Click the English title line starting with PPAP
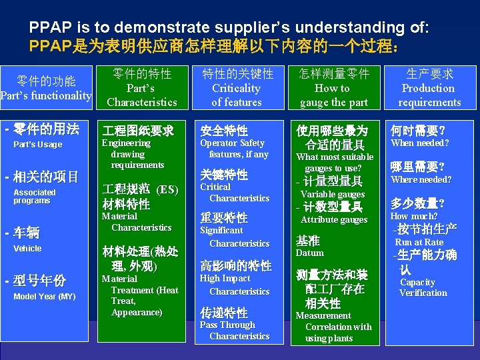pos(229,28)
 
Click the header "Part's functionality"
pos(47,96)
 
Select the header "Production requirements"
pos(429,95)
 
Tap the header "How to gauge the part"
pos(333,95)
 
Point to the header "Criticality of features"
pos(237,95)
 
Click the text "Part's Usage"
pos(38,145)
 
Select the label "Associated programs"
pos(35,196)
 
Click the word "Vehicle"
pos(27,249)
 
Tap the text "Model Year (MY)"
pos(45,297)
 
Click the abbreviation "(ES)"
pos(167,189)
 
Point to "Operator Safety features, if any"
pos(234,149)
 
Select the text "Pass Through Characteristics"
pos(234,331)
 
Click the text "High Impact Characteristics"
pos(234,285)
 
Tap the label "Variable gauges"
pos(333,195)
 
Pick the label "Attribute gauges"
pos(334,220)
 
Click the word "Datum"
pos(310,253)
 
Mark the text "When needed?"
pos(420,143)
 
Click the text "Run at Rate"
pos(419,243)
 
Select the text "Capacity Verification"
pos(423,287)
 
